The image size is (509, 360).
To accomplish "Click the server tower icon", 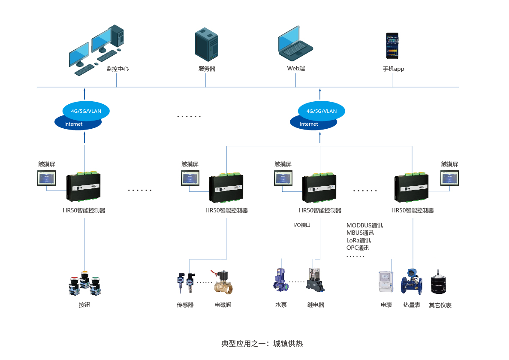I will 207,45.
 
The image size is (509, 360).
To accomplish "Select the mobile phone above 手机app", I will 392,46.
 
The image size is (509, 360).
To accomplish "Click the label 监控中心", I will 117,69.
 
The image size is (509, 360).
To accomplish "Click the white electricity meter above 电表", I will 386,282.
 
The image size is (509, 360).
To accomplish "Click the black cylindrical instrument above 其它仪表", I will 439,283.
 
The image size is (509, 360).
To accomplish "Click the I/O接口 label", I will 301,225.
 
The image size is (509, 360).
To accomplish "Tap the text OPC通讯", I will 358,248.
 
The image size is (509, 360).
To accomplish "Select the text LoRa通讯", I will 358,240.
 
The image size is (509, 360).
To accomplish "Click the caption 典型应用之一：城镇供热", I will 262,343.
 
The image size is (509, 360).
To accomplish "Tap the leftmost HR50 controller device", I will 84,187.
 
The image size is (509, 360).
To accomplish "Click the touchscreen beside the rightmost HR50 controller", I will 450,178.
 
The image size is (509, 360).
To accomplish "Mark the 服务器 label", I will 207,69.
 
